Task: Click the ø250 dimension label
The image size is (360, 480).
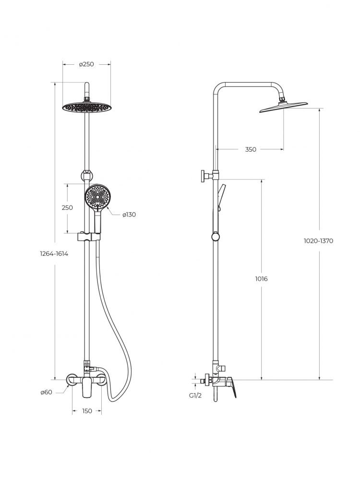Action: [86, 64]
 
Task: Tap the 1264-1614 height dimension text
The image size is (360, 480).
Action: [54, 254]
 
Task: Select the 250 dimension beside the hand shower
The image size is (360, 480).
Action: [67, 207]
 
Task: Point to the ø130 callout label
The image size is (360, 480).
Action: [129, 215]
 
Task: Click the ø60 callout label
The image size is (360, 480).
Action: [46, 392]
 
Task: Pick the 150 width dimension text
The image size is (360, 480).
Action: [87, 411]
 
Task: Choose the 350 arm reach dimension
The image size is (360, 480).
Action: [251, 149]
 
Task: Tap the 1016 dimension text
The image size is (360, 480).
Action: [261, 279]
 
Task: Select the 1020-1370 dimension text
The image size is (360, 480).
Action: [318, 241]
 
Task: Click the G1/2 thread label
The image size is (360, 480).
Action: [195, 396]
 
